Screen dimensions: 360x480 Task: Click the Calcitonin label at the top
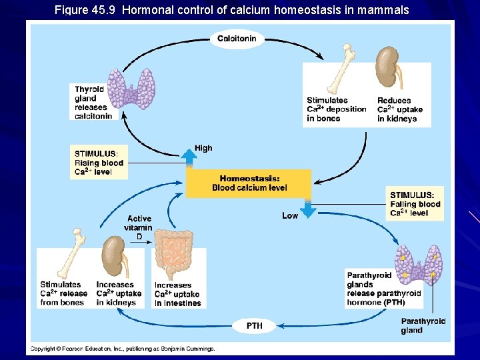pyautogui.click(x=237, y=39)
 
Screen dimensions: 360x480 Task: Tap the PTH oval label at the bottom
pyautogui.click(x=254, y=326)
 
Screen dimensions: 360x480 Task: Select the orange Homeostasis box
pyautogui.click(x=249, y=183)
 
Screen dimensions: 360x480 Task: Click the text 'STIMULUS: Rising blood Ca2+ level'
pyautogui.click(x=99, y=163)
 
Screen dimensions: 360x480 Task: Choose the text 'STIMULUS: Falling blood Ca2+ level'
pyautogui.click(x=415, y=203)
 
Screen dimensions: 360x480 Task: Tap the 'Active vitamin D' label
pyautogui.click(x=139, y=227)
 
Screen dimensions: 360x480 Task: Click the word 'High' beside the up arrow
pyautogui.click(x=203, y=148)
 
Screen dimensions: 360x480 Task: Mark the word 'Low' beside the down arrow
pyautogui.click(x=290, y=215)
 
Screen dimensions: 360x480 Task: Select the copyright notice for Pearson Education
pyautogui.click(x=122, y=349)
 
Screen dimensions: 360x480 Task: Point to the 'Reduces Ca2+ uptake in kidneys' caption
pyautogui.click(x=400, y=109)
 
